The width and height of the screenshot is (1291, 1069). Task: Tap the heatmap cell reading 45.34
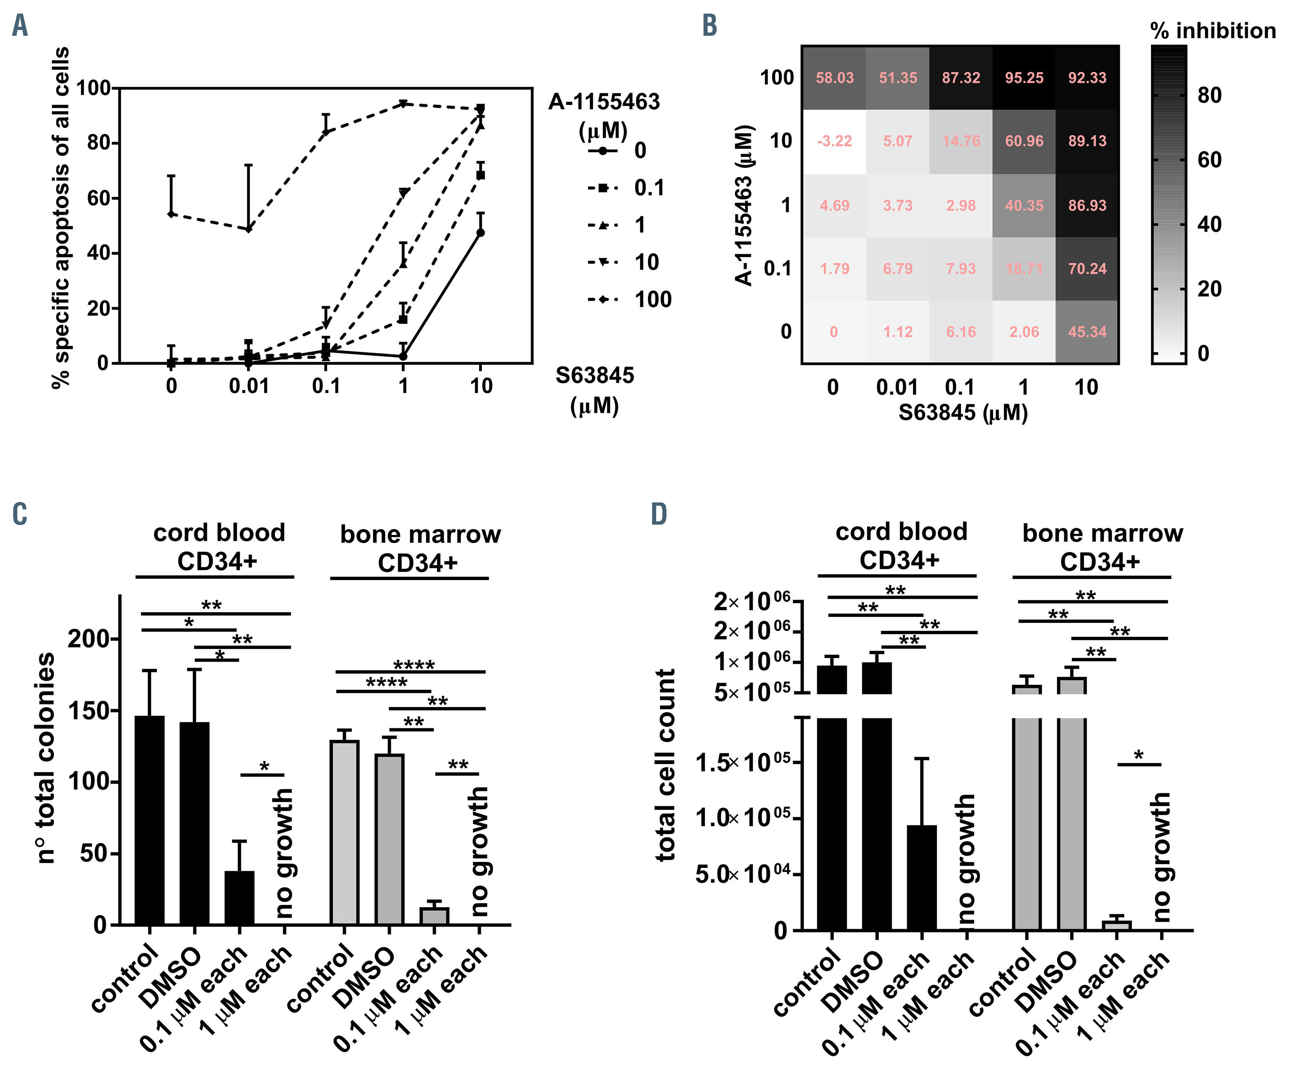click(1087, 332)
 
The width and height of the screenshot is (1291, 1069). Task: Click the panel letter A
click(20, 26)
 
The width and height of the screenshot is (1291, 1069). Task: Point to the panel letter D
click(658, 514)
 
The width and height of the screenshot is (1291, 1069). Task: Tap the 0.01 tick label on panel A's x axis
click(248, 386)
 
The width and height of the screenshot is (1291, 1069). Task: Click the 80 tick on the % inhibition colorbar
click(1209, 95)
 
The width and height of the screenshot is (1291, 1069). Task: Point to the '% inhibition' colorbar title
click(1212, 31)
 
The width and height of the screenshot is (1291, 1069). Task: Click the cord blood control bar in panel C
click(149, 820)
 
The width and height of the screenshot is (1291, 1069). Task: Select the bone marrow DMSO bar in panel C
click(389, 839)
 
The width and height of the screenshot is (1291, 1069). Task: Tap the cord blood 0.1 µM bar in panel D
click(922, 877)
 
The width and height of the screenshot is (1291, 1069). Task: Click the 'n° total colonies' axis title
click(46, 758)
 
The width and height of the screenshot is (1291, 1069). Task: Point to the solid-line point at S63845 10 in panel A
click(480, 232)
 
